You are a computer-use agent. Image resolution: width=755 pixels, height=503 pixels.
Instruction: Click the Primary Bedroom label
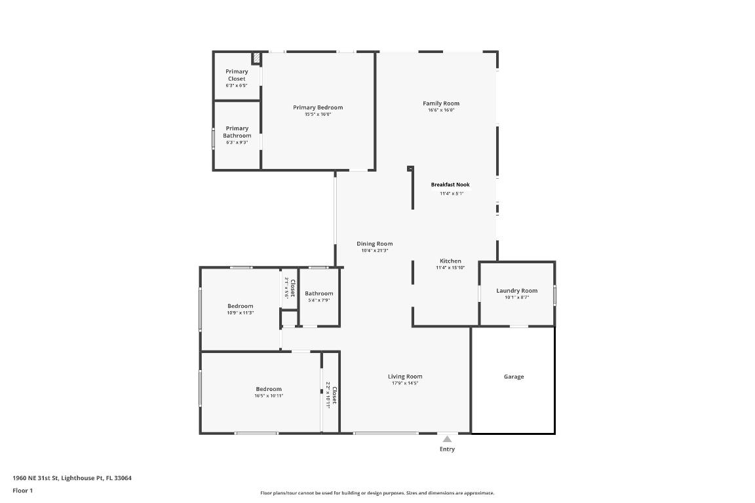[318, 107]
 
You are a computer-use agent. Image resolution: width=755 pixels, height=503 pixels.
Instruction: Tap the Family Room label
[441, 103]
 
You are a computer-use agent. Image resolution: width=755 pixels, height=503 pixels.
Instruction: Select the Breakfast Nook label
[450, 185]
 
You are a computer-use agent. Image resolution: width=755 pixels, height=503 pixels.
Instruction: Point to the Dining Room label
[375, 244]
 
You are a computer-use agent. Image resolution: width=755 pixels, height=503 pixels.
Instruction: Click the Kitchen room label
[450, 261]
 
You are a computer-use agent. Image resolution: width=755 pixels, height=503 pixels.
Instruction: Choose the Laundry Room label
[516, 291]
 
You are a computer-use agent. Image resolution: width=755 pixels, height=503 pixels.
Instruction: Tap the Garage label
[514, 377]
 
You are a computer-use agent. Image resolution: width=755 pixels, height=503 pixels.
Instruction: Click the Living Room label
[405, 377]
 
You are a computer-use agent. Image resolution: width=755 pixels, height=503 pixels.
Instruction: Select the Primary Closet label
[237, 75]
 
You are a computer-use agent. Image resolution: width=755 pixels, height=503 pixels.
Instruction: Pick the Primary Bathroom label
[237, 132]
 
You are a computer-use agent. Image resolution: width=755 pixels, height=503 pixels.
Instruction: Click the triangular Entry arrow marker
[447, 439]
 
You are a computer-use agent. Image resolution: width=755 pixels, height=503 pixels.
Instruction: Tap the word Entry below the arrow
[447, 449]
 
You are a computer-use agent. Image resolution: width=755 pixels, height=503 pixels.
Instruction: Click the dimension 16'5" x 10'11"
[269, 396]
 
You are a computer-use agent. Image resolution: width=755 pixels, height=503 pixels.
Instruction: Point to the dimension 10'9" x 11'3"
[241, 313]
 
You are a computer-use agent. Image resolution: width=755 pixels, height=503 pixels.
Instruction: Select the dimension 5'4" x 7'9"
[319, 300]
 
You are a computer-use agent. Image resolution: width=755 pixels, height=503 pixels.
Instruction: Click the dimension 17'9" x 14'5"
[405, 383]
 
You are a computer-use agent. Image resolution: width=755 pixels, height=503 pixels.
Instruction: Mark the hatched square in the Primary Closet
[257, 58]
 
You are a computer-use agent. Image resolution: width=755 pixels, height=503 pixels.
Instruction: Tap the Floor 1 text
[22, 491]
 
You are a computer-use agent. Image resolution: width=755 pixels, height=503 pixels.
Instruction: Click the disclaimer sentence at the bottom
[377, 493]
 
